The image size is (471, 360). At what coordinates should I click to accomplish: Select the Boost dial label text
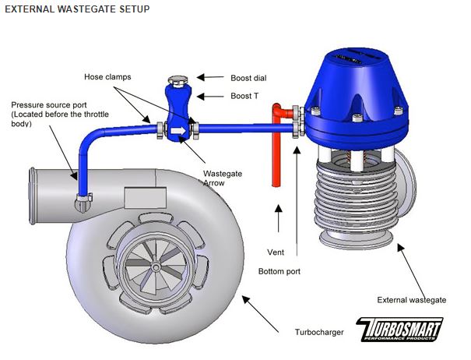(x=250, y=78)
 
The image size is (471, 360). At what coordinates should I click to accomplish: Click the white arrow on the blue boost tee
(x=178, y=125)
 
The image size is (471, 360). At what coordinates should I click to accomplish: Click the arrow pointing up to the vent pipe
(x=278, y=222)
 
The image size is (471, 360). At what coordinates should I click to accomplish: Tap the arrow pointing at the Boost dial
(x=209, y=77)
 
